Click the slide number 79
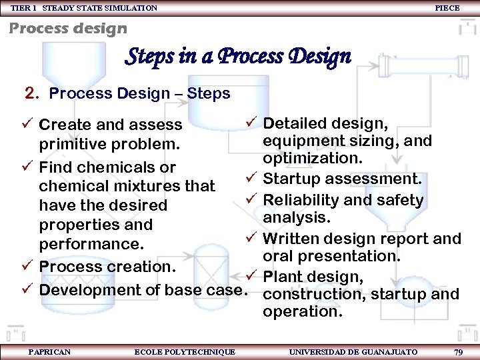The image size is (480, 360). [458, 351]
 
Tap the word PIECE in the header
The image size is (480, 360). [447, 8]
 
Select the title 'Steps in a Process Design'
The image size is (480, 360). [238, 57]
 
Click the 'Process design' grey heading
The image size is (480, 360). [67, 28]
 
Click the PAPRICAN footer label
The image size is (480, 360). [49, 351]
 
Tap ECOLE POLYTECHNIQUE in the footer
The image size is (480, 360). [185, 351]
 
